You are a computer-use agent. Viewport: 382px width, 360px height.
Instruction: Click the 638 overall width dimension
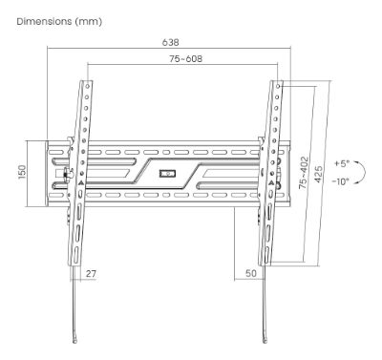pos(170,42)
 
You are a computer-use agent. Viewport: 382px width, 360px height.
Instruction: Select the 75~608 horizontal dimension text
pos(185,58)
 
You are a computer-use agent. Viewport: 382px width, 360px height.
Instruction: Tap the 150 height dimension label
pos(22,172)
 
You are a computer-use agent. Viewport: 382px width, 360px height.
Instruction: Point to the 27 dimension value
pos(91,273)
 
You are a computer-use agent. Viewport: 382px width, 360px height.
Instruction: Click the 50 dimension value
pos(251,273)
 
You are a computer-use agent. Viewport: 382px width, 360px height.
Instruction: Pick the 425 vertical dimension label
pos(319,174)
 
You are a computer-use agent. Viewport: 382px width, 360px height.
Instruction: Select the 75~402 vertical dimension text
pos(304,173)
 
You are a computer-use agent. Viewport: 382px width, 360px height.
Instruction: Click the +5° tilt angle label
pos(342,164)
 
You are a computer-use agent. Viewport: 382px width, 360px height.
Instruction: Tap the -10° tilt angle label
pos(340,181)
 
